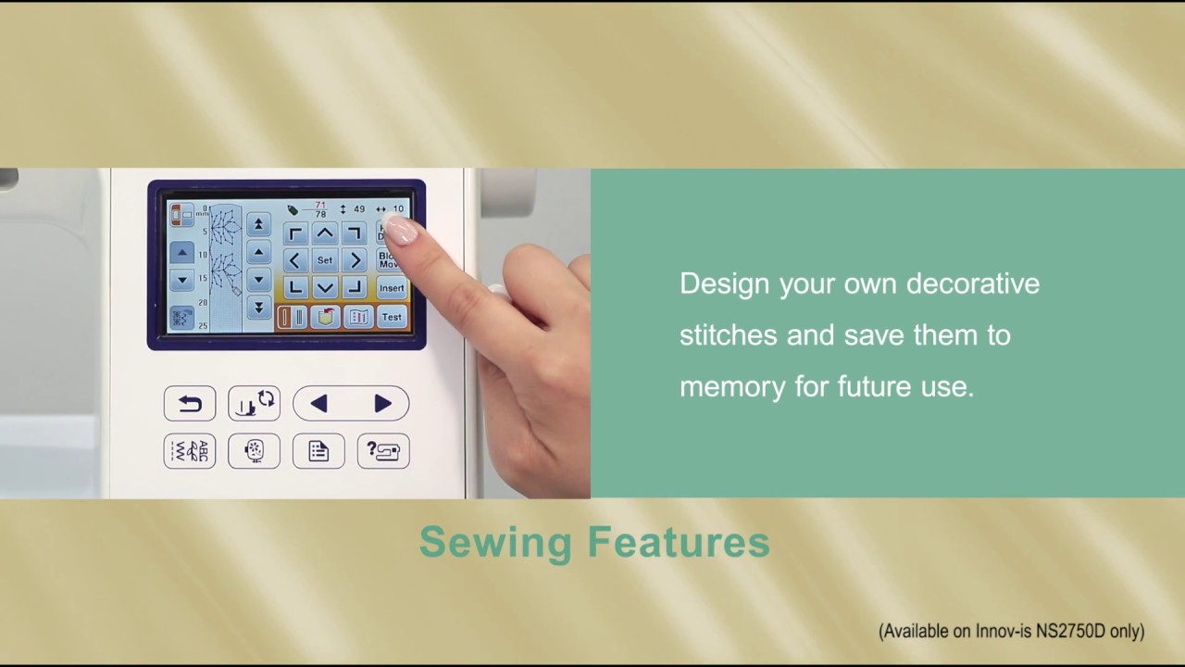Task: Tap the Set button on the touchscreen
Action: coord(324,260)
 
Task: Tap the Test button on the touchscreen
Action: coord(392,317)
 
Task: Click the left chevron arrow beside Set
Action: coord(294,260)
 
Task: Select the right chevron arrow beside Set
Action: coord(355,260)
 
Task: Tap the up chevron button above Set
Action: coord(324,233)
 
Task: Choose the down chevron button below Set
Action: coord(324,288)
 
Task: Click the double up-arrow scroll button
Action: coord(258,224)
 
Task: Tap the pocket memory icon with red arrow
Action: coord(325,317)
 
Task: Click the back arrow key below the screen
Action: coord(190,403)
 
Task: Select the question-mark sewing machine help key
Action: coord(382,451)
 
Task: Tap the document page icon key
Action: coord(318,451)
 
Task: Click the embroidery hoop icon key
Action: coord(254,451)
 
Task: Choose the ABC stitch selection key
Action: coord(190,451)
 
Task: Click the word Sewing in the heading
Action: coord(495,543)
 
